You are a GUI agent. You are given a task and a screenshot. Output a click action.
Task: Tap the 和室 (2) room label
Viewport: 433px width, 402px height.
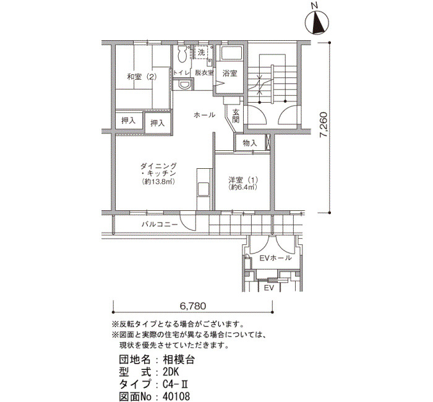tap(142, 77)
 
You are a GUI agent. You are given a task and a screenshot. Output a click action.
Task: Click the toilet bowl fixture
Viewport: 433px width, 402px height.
tap(182, 54)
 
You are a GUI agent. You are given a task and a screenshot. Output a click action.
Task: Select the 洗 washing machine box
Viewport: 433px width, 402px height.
tap(202, 52)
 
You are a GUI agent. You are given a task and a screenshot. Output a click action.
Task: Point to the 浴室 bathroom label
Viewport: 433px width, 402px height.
tap(229, 74)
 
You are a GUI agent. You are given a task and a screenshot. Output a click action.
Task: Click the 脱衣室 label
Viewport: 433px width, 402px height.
tap(204, 73)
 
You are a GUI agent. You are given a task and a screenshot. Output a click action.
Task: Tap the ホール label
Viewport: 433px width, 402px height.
tap(204, 115)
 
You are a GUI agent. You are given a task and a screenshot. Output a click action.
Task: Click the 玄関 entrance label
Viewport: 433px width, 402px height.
tap(236, 116)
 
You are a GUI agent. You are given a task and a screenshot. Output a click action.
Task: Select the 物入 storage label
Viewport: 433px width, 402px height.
tap(250, 143)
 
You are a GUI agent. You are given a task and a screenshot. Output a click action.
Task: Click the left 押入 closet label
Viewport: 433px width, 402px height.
tap(129, 121)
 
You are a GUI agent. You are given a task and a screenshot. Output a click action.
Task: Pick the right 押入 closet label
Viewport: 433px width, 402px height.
tap(157, 123)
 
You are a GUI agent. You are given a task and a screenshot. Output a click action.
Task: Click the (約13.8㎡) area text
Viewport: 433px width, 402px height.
tap(158, 182)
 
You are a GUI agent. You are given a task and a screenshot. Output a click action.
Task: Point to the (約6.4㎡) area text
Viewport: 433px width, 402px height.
tap(243, 187)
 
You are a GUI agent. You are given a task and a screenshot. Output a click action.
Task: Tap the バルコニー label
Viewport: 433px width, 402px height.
tap(160, 224)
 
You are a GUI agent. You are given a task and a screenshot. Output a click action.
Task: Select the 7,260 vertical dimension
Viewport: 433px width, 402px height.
tap(322, 124)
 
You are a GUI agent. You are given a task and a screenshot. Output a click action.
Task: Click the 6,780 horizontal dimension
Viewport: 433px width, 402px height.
tap(193, 306)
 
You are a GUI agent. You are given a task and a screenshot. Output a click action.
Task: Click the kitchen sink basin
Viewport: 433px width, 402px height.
tap(204, 189)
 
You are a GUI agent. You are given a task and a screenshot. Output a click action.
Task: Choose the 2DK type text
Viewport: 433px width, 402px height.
tap(171, 372)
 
